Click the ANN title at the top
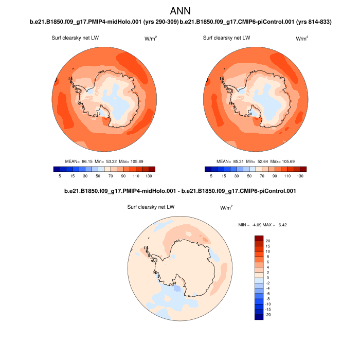(180, 10)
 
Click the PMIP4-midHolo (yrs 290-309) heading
(104, 22)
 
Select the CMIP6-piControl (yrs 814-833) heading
(256, 22)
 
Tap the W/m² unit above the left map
(150, 39)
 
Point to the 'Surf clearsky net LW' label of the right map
(226, 38)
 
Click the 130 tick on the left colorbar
(148, 176)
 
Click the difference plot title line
(180, 191)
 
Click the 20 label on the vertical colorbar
(268, 241)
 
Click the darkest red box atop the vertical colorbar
(259, 238)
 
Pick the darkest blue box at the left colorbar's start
(57, 168)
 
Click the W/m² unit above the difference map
(226, 208)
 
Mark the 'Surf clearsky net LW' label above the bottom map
(151, 207)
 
